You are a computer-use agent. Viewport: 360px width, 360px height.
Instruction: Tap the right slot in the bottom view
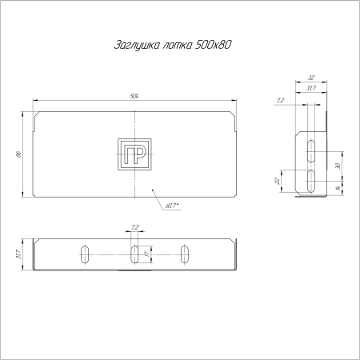pos(186,254)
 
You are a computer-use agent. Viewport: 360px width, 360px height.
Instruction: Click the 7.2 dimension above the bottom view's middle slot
pos(134,227)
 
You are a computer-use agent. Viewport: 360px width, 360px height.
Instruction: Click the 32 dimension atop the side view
pos(310,78)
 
